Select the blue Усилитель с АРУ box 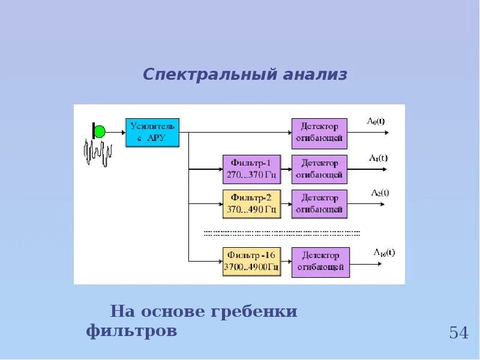152,133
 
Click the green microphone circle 100,131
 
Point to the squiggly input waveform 98,153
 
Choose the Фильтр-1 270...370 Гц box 251,169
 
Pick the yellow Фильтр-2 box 251,203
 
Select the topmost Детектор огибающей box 319,133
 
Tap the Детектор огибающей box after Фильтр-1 319,169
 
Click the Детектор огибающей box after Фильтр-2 319,203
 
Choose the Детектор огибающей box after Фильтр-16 319,262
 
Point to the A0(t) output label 376,121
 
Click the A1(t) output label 378,158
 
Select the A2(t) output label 380,193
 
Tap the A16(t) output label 384,251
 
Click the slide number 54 458,332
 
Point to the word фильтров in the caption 131,331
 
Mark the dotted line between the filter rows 282,232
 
